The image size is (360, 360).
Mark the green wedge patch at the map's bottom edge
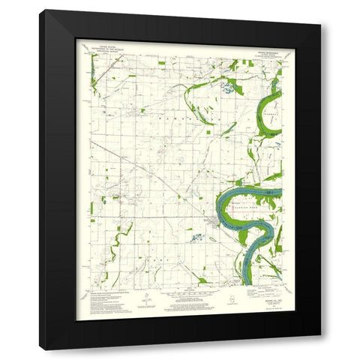pyautogui.click(x=202, y=281)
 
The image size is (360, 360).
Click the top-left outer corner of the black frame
pyautogui.click(x=41, y=10)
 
